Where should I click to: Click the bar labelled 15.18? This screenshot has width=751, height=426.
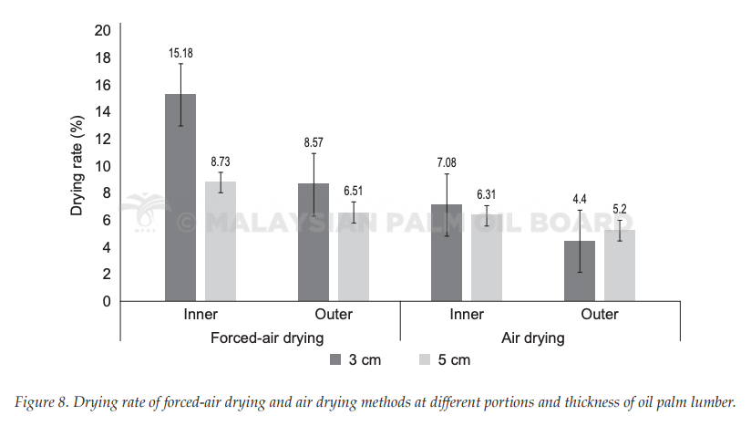pos(180,197)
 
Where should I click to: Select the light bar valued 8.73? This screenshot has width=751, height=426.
pos(221,241)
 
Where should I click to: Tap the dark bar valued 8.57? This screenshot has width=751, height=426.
pos(314,242)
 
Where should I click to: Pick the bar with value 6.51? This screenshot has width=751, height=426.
pos(354,257)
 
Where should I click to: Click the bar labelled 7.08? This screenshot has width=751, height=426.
pos(447,253)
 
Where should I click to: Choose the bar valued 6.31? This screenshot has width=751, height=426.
pos(487,258)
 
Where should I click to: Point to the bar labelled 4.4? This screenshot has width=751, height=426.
pos(580,271)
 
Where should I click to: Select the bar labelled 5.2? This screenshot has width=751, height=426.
pos(620,265)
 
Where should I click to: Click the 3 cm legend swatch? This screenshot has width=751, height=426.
pos(335,359)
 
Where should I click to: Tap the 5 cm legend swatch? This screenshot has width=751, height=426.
pos(425,359)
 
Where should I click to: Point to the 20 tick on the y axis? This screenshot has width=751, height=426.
pos(102,31)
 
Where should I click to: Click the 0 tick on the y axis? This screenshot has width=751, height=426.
pos(107,301)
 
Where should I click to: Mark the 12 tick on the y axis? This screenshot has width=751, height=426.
pos(102,139)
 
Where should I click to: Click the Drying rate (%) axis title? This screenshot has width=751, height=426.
pos(77,165)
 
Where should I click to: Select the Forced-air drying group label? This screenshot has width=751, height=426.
pos(267,338)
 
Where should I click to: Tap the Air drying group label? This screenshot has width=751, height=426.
pos(533,338)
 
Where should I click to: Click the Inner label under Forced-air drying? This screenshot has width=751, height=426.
pos(201,315)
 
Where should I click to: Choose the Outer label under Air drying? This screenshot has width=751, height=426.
pos(600,315)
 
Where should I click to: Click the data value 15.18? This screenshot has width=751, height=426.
pos(180,53)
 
